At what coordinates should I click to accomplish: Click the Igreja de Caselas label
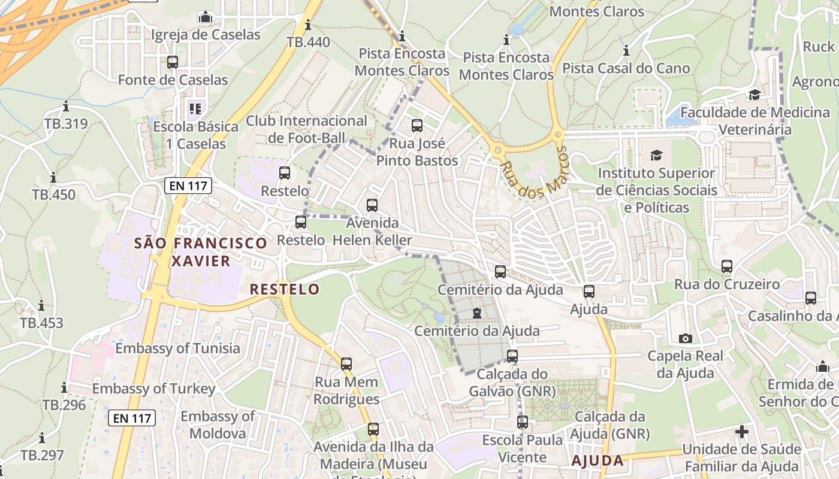coord(206,35)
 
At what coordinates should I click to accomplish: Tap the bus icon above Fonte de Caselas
coord(173,62)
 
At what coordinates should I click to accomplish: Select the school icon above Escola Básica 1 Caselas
coord(195,108)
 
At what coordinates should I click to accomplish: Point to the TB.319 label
coord(65,124)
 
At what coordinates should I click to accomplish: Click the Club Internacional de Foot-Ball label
coord(306,129)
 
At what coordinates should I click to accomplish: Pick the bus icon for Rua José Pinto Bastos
coord(417,126)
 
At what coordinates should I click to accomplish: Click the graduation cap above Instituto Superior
coord(656,155)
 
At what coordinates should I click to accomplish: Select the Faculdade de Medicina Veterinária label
coord(755,121)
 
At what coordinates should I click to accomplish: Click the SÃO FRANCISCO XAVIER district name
coord(201,252)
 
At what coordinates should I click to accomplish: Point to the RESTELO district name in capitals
coord(285,289)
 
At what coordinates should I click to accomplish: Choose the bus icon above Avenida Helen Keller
coord(372,205)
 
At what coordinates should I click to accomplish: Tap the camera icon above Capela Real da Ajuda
coord(685,338)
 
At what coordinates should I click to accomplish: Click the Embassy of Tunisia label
coord(177,348)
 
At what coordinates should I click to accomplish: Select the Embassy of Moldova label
coord(218,425)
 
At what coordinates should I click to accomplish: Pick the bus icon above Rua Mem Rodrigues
coord(346,364)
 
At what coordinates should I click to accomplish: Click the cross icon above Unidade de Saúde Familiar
coord(742,431)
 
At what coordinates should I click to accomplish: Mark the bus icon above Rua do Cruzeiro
coord(727,266)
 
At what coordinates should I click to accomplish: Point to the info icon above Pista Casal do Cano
coord(626,50)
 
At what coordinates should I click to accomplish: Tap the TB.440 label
coord(308,42)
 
